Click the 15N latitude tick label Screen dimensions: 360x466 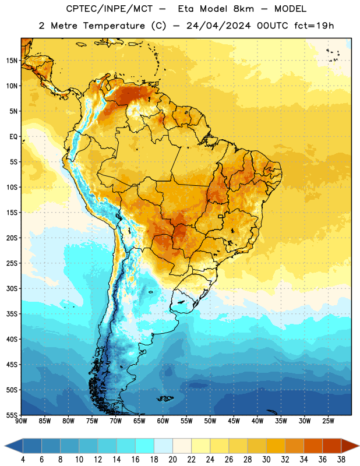(12, 61)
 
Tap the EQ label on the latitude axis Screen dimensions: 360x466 (13, 137)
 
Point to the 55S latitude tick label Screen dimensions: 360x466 (12, 415)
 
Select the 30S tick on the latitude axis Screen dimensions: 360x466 (12, 288)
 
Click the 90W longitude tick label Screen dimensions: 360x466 (22, 421)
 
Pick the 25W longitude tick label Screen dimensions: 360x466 (328, 421)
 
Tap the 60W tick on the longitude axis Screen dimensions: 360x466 (163, 421)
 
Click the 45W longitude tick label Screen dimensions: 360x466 (234, 421)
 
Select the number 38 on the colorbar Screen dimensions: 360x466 (341, 460)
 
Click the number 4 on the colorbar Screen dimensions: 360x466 (23, 460)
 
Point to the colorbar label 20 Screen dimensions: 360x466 (172, 460)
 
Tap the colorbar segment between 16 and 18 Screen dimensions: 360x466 (145, 446)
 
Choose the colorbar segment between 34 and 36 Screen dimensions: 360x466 (313, 446)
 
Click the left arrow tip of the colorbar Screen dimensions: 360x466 (5, 446)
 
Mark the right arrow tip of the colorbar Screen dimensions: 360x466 (359, 446)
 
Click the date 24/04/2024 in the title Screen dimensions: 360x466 (218, 26)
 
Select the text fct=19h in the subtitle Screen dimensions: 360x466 (314, 26)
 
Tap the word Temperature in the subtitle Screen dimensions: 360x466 (114, 26)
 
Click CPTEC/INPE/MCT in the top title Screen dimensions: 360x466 (109, 9)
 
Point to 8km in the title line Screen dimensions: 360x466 (243, 9)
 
